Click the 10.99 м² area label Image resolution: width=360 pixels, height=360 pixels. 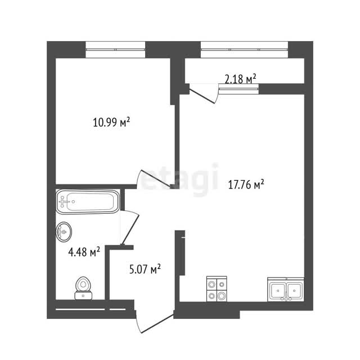tap(111, 122)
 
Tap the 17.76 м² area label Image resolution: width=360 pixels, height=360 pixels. tap(246, 184)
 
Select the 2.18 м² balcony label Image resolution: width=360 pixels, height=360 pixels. tap(240, 79)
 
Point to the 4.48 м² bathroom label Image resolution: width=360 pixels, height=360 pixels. tap(84, 252)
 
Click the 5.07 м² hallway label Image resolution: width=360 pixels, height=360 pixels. tap(145, 269)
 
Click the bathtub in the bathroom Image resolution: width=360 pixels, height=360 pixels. tap(88, 202)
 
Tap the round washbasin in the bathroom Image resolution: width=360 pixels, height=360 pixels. tap(64, 232)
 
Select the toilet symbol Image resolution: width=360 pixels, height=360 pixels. tap(84, 288)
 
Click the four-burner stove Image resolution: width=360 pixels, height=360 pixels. tap(217, 289)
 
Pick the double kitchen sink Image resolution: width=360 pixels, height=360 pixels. tap(286, 289)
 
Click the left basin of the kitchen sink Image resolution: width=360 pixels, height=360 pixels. tap(278, 291)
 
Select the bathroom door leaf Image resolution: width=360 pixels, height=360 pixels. tap(130, 229)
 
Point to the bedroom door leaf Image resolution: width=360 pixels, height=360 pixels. tap(156, 178)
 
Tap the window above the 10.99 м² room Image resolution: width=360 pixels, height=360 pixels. tap(115, 49)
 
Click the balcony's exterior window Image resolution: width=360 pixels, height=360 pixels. tap(245, 49)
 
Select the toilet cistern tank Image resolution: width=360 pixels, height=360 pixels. tap(84, 295)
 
